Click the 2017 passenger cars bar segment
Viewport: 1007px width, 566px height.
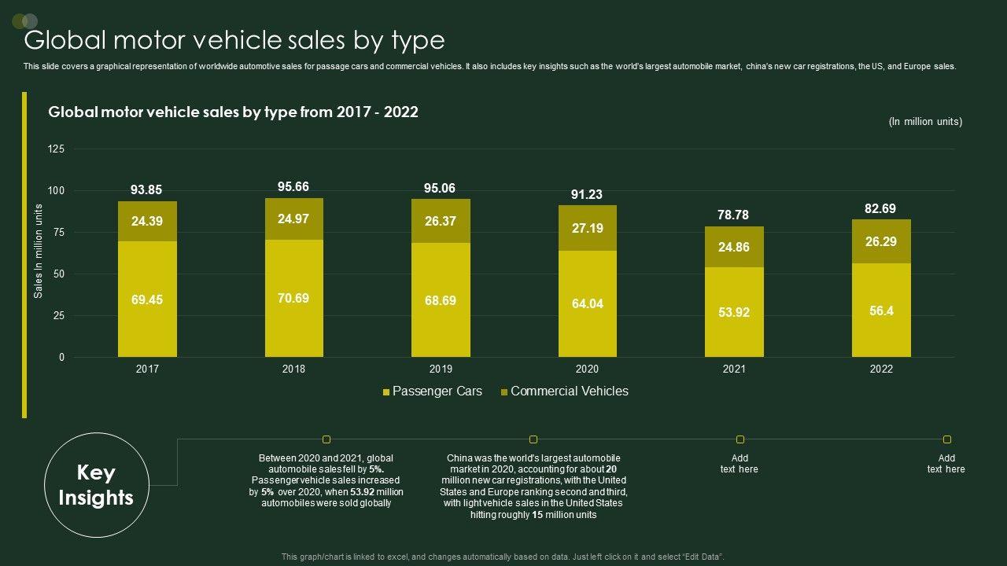click(147, 299)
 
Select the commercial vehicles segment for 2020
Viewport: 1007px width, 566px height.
click(587, 228)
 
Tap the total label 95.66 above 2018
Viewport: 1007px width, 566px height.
click(293, 186)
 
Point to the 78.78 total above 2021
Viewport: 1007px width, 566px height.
click(734, 215)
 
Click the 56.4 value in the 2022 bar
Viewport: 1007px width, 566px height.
click(881, 311)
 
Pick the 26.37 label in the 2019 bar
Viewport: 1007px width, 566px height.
click(441, 221)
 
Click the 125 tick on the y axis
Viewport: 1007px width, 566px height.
click(57, 149)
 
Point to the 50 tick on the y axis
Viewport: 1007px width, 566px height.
click(59, 274)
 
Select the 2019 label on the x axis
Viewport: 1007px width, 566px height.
click(441, 369)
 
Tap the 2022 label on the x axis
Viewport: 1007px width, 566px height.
click(881, 369)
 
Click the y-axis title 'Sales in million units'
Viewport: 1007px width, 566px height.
click(38, 252)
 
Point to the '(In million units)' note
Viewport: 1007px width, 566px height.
click(925, 122)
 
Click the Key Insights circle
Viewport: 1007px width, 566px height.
click(96, 485)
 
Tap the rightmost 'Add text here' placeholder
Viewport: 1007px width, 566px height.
click(946, 464)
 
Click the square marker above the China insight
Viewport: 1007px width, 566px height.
click(533, 439)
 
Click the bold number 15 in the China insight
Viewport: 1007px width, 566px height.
click(538, 515)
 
